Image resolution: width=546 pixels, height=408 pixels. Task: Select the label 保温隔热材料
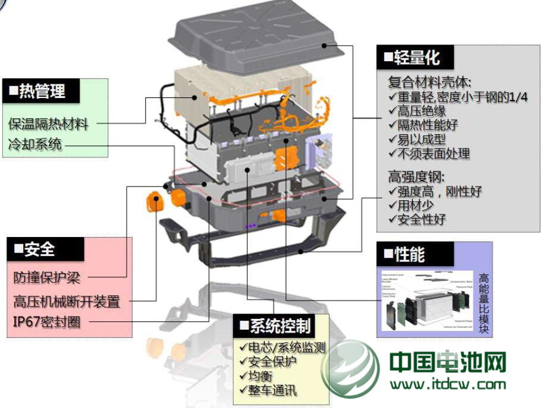[48, 124]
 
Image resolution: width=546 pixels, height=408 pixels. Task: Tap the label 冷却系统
[35, 144]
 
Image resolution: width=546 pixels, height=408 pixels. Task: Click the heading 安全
[36, 249]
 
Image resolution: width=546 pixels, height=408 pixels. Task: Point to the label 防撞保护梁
[47, 277]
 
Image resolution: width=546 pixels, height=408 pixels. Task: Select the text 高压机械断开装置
[66, 301]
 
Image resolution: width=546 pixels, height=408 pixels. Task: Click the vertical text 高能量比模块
[484, 303]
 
